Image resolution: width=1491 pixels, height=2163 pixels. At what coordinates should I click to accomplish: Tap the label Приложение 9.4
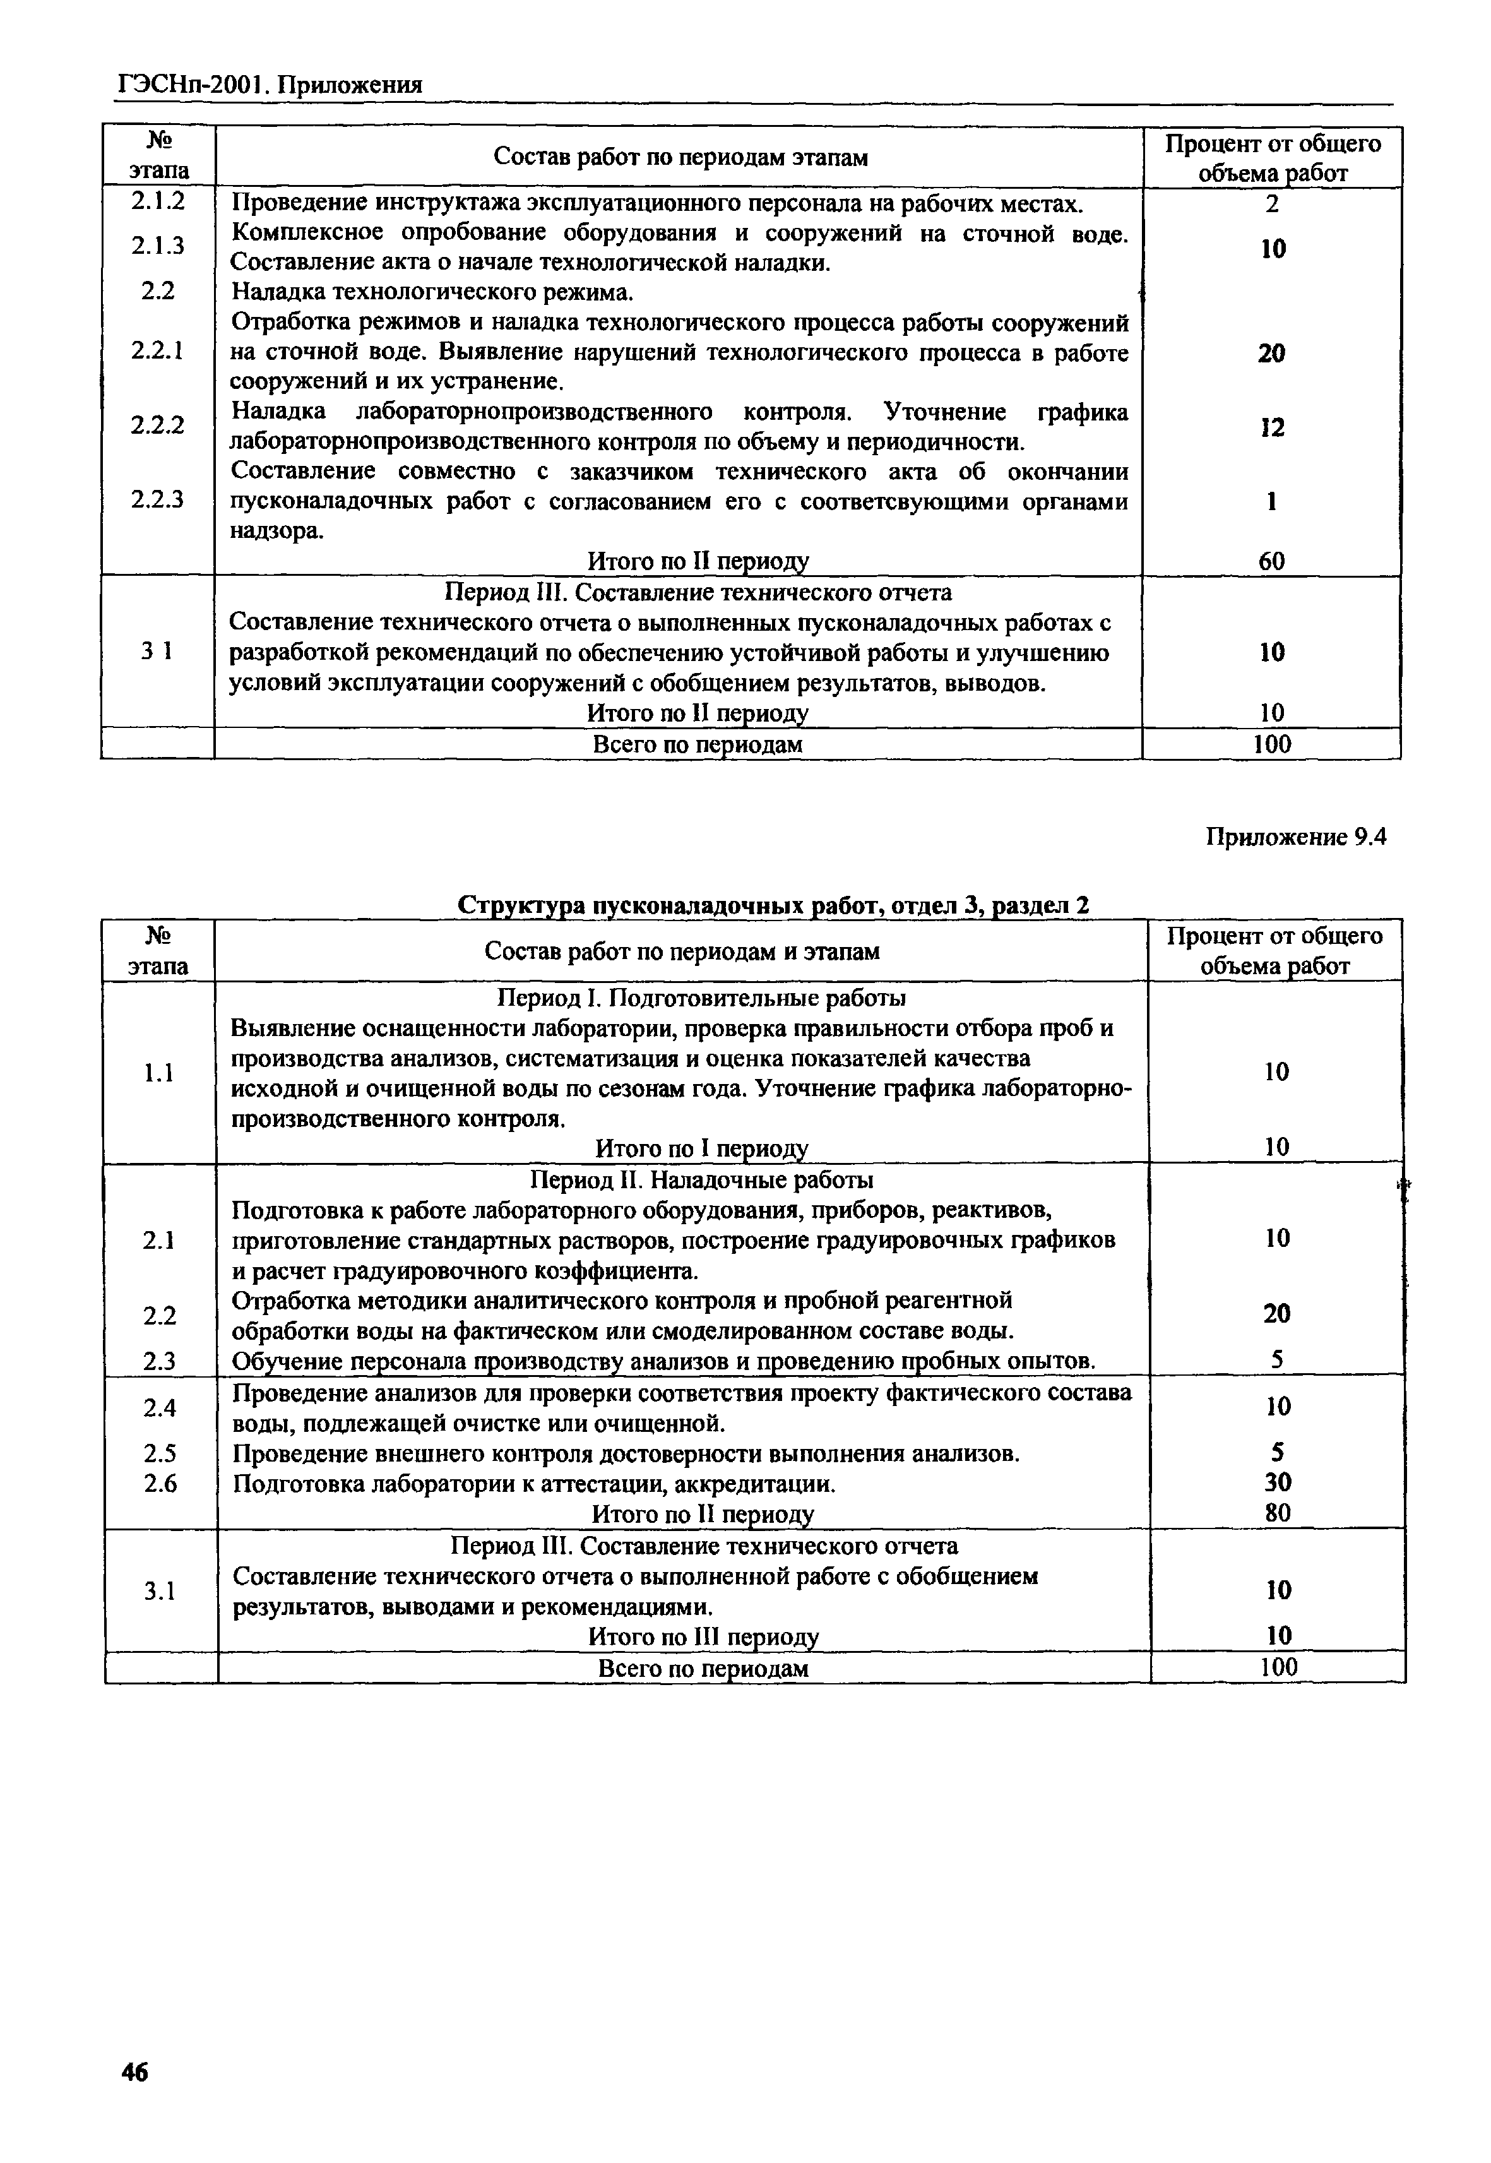coord(1296,837)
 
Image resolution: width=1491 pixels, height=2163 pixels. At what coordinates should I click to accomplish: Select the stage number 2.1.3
coord(158,246)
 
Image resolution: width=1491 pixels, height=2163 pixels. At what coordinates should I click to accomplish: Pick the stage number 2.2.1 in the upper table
coord(157,350)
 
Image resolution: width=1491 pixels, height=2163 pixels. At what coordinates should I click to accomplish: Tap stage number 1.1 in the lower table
coord(159,1073)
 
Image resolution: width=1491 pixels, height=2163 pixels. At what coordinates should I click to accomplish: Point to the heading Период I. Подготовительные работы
coord(701,998)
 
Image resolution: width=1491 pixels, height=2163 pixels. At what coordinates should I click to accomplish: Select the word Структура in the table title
coord(522,905)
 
